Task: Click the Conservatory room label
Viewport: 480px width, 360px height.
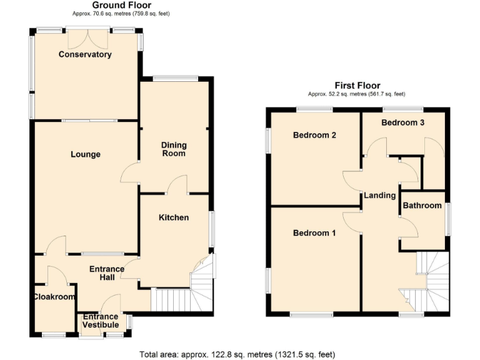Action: (85, 54)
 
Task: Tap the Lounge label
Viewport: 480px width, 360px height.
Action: (86, 154)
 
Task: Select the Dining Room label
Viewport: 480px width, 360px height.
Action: (174, 149)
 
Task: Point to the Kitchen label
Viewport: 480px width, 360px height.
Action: (173, 217)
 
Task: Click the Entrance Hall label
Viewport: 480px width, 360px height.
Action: (107, 273)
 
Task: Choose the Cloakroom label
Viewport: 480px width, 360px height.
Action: (54, 297)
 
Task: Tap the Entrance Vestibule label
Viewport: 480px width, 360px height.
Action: (101, 321)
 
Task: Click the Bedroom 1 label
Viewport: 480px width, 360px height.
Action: (314, 233)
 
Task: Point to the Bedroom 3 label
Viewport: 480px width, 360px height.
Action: (403, 122)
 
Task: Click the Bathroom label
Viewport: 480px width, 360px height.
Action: (422, 205)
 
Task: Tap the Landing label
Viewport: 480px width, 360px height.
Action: (380, 195)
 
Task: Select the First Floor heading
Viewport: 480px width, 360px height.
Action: (357, 86)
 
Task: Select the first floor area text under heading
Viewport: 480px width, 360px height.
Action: (357, 94)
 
